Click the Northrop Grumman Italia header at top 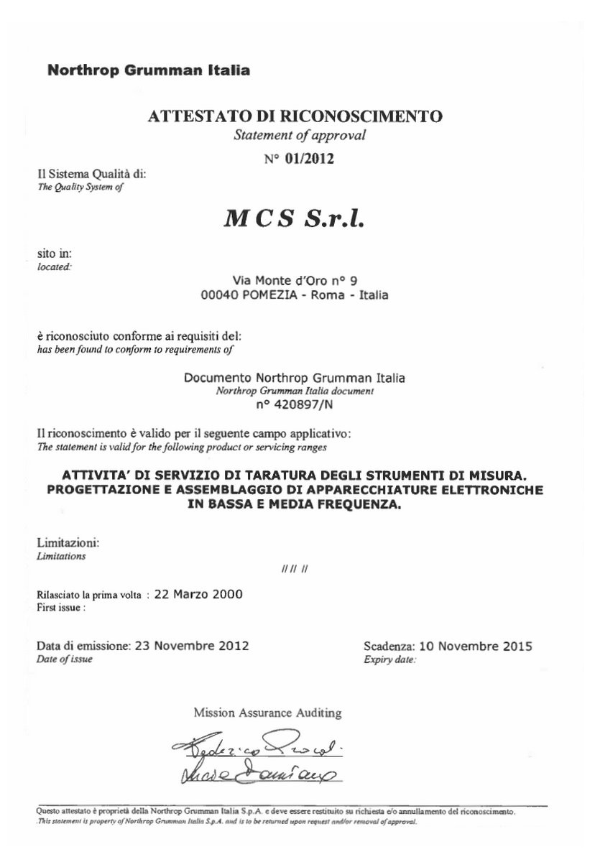pyautogui.click(x=148, y=70)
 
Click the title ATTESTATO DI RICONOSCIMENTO pyautogui.click(x=295, y=116)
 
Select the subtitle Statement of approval pyautogui.click(x=300, y=135)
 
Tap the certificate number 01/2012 pyautogui.click(x=309, y=159)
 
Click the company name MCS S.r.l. pyautogui.click(x=295, y=219)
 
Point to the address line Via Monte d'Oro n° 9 pyautogui.click(x=296, y=280)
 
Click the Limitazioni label pyautogui.click(x=68, y=543)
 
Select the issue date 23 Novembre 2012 pyautogui.click(x=190, y=645)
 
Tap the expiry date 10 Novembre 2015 pyautogui.click(x=475, y=645)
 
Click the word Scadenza pyautogui.click(x=388, y=645)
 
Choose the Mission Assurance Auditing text pyautogui.click(x=267, y=713)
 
